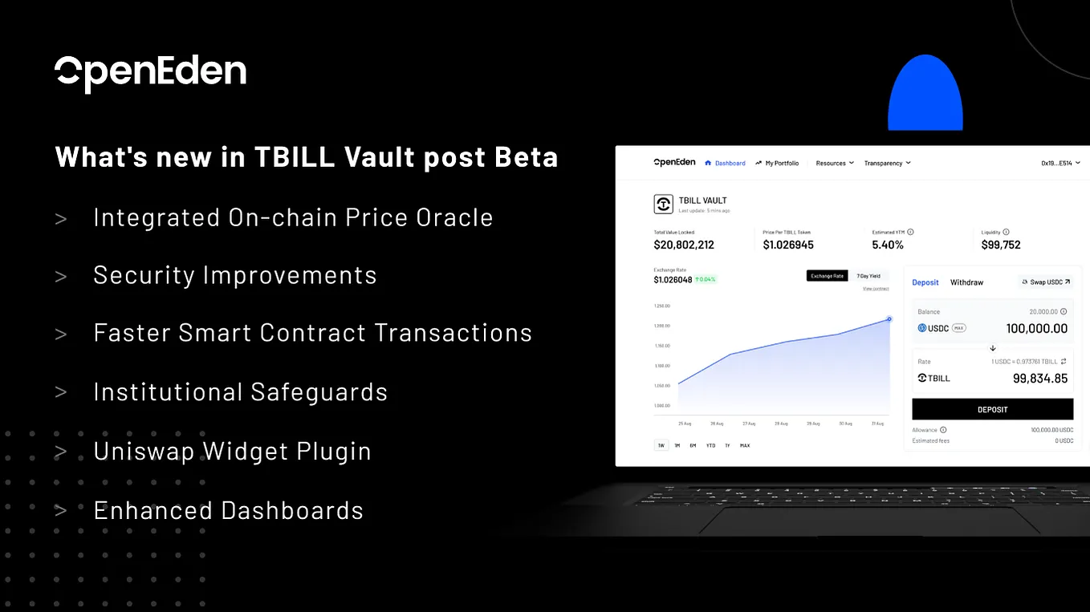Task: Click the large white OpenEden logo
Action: click(150, 73)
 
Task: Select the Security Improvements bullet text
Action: click(235, 275)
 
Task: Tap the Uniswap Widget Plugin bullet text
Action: click(232, 452)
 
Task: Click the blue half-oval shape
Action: click(925, 94)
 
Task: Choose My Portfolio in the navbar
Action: click(777, 163)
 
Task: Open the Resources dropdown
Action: click(834, 163)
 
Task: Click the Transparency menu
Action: click(887, 163)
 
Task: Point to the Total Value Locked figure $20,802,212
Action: click(684, 245)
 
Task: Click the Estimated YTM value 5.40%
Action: click(888, 245)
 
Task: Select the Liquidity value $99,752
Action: click(1001, 245)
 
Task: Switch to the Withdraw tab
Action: click(966, 282)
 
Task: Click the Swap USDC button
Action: click(1046, 282)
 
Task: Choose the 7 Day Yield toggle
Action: click(868, 276)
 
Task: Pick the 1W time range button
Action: click(661, 445)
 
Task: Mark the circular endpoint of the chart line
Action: click(889, 319)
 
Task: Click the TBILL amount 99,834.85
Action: click(1039, 379)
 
